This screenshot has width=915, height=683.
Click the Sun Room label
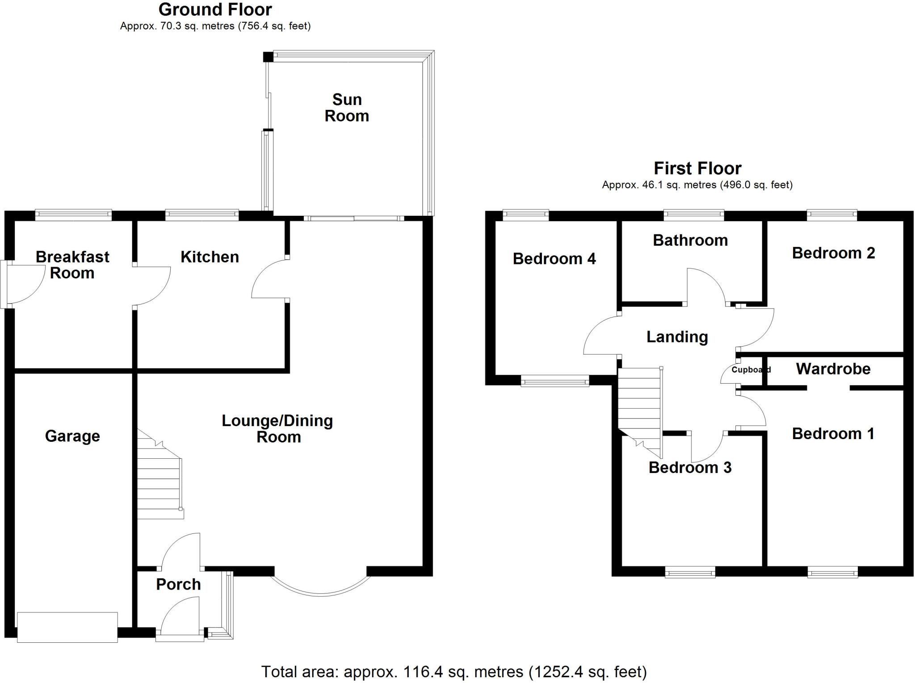347,108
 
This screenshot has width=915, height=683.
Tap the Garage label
72,436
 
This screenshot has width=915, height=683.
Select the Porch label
178,584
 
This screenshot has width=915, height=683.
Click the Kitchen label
210,257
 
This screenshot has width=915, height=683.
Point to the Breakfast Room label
72,265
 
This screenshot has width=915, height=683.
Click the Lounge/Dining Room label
277,429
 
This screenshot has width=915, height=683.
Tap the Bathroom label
690,240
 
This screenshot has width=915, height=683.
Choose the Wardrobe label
833,369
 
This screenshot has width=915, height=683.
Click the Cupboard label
751,370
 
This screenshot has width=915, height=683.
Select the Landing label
677,337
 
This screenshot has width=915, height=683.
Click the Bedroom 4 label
554,259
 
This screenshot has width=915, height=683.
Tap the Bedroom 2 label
833,253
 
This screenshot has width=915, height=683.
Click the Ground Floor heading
215,9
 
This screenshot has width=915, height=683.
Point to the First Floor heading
697,168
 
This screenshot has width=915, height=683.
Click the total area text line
454,671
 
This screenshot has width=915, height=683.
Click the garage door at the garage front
67,627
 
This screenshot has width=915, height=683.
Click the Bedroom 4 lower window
555,382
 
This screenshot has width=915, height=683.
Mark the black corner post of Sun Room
268,57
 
